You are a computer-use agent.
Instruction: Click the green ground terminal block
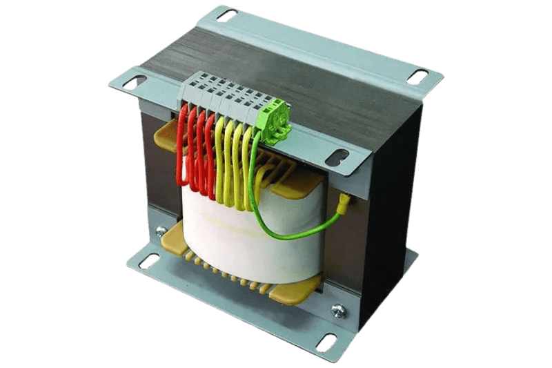[x=274, y=117]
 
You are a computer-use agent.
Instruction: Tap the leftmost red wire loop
[x=184, y=145]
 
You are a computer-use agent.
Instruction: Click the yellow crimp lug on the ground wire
[x=342, y=204]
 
